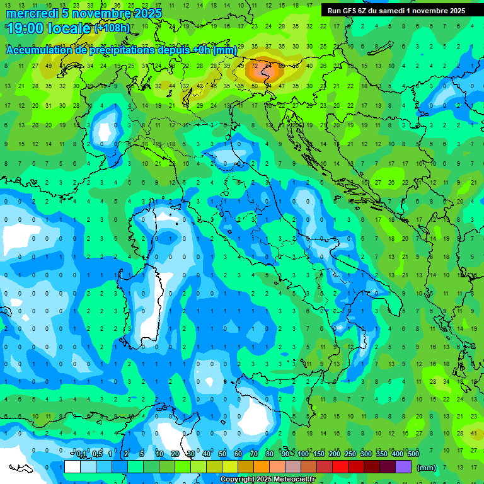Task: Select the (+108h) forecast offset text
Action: point(113,28)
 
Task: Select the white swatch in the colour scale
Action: point(72,467)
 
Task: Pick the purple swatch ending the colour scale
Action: point(403,467)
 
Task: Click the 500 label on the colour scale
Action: point(413,454)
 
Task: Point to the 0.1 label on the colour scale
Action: point(81,454)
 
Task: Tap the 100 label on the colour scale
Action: point(302,454)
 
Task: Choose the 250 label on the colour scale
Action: point(350,454)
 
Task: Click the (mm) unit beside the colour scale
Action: point(427,468)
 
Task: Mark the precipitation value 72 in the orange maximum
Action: point(255,66)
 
